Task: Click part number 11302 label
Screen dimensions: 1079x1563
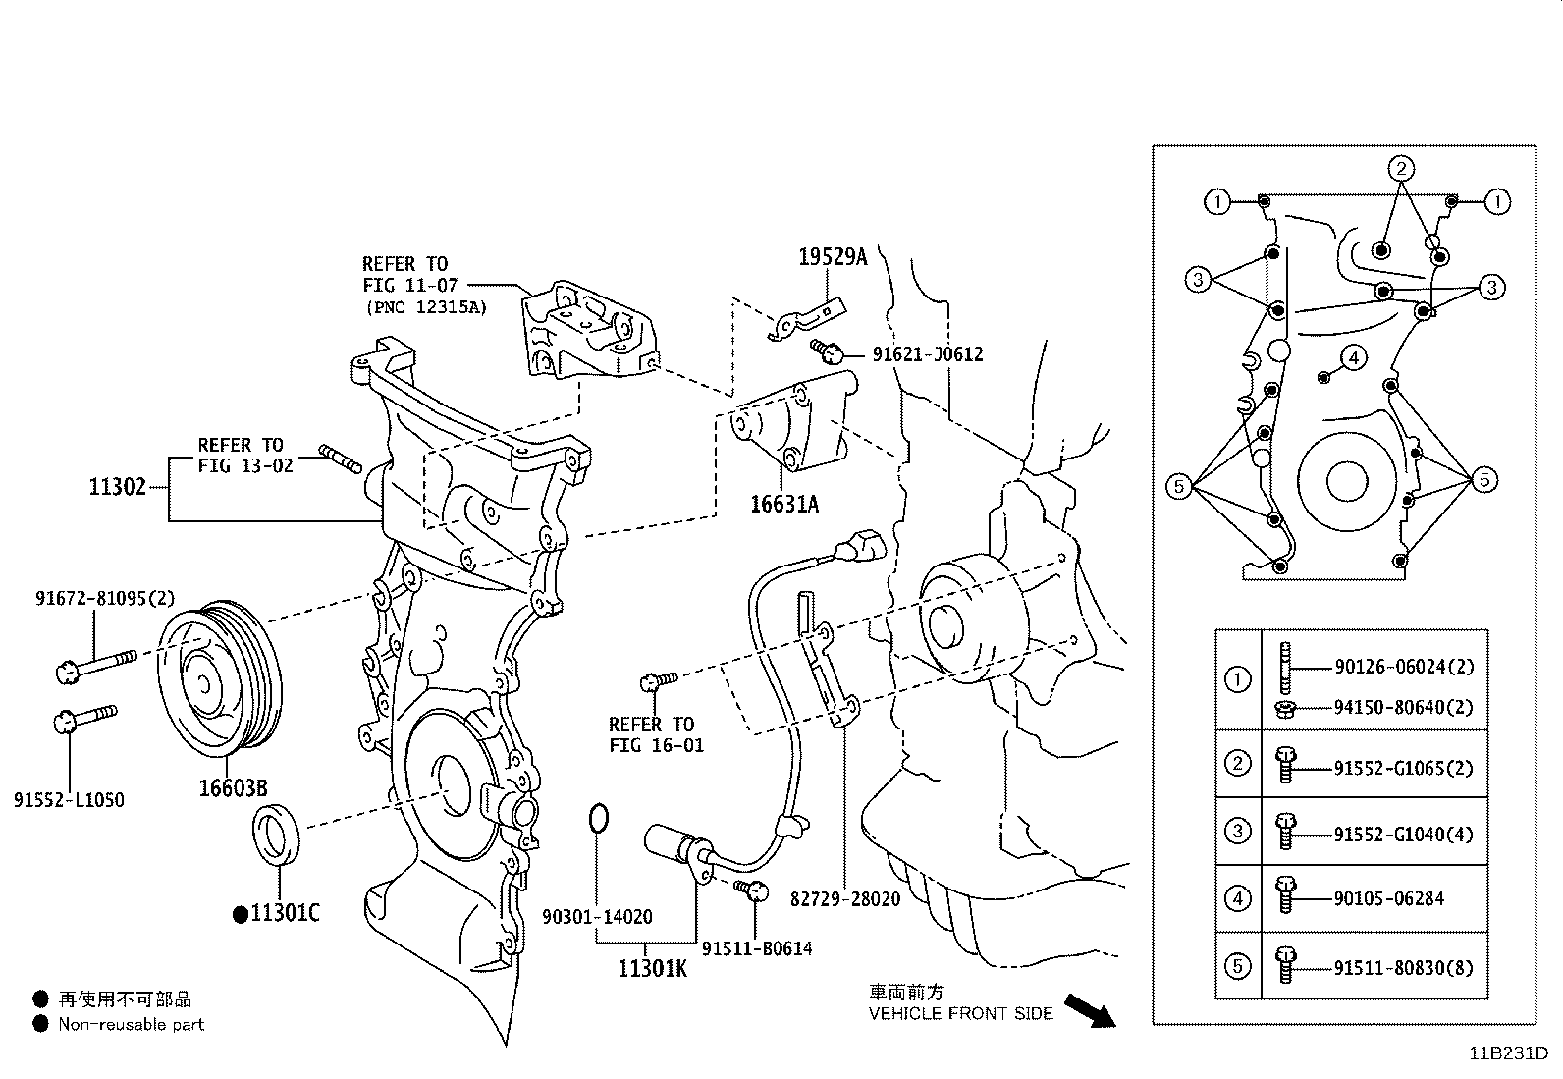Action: coord(117,486)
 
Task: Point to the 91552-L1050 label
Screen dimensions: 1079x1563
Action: coord(69,800)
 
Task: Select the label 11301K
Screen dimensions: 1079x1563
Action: coord(653,969)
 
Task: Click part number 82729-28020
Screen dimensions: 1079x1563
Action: coord(844,898)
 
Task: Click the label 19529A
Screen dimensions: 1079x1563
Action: coord(833,257)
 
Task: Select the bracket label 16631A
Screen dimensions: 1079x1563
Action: coord(783,505)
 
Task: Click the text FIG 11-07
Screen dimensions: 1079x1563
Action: coord(404,286)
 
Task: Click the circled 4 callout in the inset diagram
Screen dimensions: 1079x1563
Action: coord(1353,357)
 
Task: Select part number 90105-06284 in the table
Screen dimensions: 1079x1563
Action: coord(1388,898)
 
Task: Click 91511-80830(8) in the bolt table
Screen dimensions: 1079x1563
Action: coord(1403,967)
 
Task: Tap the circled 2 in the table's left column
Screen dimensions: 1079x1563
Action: coord(1238,764)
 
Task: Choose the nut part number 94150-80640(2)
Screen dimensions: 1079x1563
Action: coord(1403,707)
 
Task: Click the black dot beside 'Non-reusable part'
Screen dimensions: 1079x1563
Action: coord(40,1024)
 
